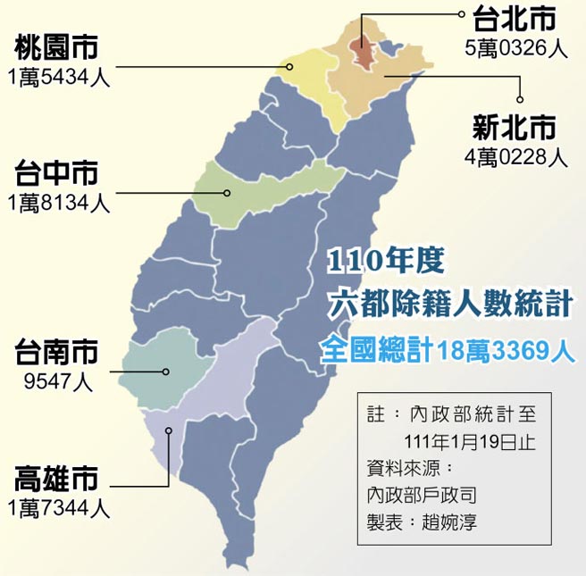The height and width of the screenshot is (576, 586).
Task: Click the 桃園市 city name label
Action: point(57,46)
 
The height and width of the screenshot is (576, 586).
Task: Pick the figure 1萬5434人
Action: point(57,77)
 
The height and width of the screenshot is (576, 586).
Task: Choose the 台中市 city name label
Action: point(57,172)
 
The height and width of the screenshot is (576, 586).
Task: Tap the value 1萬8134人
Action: point(57,203)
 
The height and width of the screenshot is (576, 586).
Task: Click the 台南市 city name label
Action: point(57,352)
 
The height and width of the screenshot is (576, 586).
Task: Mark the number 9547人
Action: point(57,382)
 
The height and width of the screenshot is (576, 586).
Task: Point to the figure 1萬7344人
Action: point(57,510)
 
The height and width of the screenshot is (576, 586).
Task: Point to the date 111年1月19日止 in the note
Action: point(461,442)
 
